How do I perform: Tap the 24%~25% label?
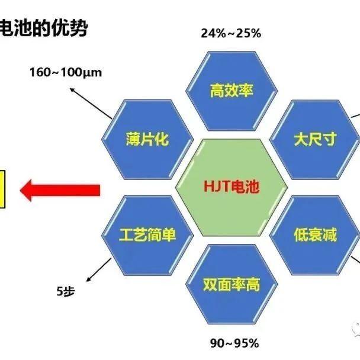(x=231, y=33)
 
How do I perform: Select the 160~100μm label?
(x=66, y=73)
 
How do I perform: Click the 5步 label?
(x=66, y=291)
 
